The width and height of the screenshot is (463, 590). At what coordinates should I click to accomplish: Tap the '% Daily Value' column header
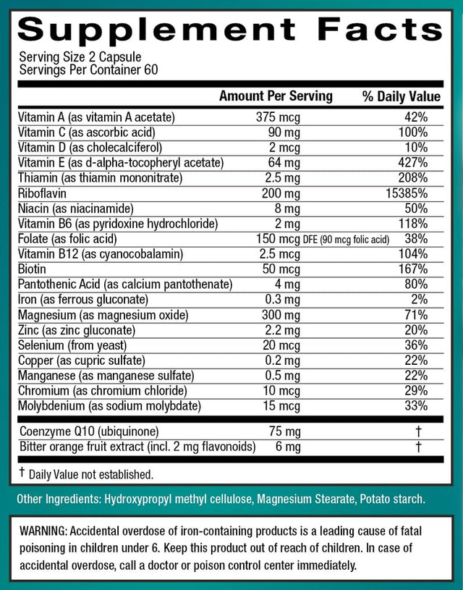401,96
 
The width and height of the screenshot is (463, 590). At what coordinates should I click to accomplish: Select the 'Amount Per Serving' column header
276,96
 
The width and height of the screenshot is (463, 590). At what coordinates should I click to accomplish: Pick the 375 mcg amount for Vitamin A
278,117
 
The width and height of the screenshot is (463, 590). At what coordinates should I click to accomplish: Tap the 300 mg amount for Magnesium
278,315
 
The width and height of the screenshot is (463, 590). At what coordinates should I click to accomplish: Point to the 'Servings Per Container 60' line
88,70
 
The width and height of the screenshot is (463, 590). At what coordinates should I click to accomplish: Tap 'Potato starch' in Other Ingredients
401,500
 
